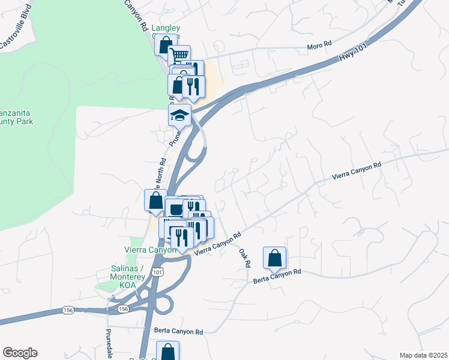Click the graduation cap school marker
179,115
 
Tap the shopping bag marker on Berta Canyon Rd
274,258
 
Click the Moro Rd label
319,44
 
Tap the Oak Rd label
244,258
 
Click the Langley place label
166,28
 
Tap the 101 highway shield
157,272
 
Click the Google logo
20,353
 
